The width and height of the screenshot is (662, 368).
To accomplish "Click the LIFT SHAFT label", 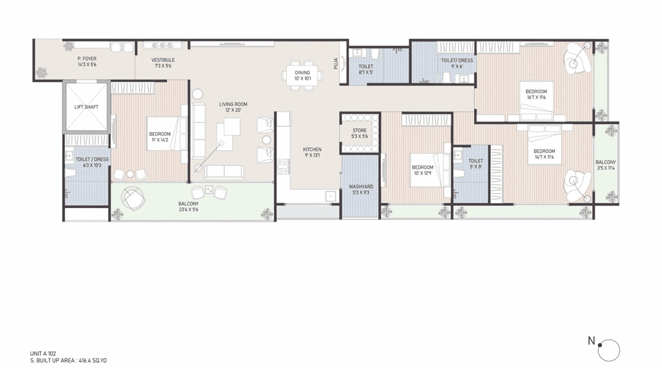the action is pyautogui.click(x=86, y=107).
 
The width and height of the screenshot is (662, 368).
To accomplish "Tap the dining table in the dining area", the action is pyautogui.click(x=302, y=76).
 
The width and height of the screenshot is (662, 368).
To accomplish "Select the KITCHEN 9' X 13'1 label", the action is pyautogui.click(x=312, y=152).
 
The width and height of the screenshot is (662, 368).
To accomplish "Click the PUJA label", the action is pyautogui.click(x=336, y=63).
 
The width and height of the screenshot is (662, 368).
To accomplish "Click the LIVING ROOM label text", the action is pyautogui.click(x=233, y=104).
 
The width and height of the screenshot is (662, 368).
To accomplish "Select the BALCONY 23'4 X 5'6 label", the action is pyautogui.click(x=188, y=207).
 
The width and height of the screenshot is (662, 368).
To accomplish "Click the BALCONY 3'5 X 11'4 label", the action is pyautogui.click(x=606, y=165).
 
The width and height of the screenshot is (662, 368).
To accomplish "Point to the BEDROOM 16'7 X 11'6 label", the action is pyautogui.click(x=536, y=95).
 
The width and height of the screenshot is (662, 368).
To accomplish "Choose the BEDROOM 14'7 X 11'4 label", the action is pyautogui.click(x=544, y=154).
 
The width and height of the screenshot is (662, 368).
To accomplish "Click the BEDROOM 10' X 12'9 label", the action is pyautogui.click(x=423, y=170).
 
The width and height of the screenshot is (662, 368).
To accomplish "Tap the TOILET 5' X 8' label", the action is pyautogui.click(x=475, y=164).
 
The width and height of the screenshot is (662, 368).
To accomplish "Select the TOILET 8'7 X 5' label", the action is pyautogui.click(x=366, y=69).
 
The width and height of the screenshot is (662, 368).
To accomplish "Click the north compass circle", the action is pyautogui.click(x=609, y=350).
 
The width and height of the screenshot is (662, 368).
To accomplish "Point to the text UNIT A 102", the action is pyautogui.click(x=43, y=354).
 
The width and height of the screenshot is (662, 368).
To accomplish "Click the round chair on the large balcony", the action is pyautogui.click(x=133, y=198).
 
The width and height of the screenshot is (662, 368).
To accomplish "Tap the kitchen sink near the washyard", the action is pyautogui.click(x=329, y=196).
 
